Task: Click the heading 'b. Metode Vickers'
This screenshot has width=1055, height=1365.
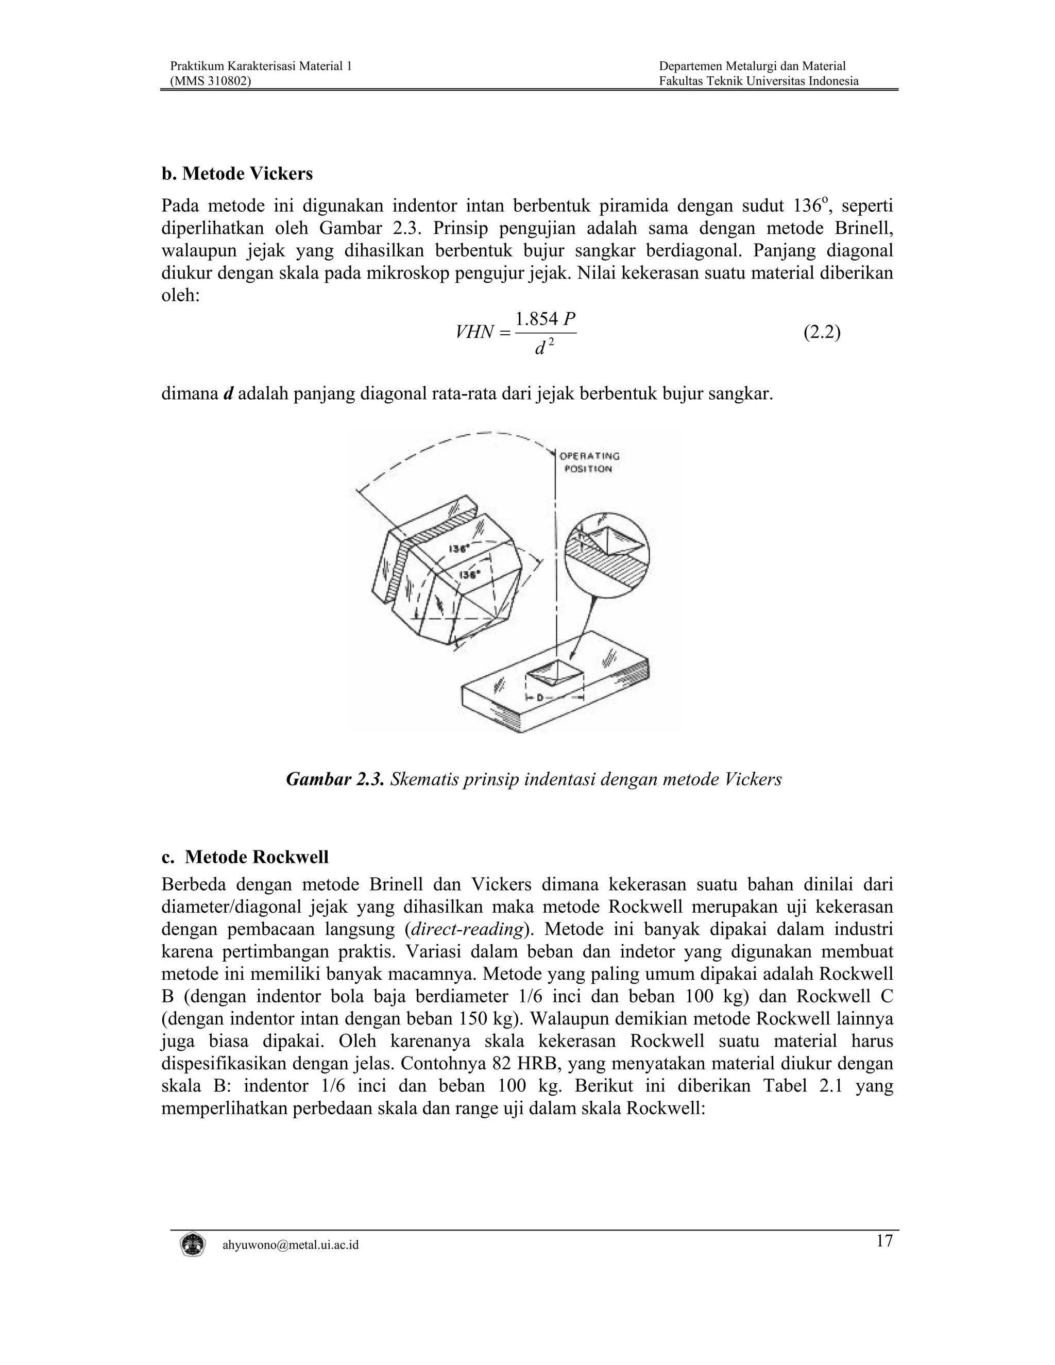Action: point(237,174)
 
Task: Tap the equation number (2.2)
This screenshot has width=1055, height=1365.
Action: point(821,333)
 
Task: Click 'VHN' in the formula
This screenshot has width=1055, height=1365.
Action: point(474,333)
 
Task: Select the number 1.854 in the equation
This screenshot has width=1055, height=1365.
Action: point(537,319)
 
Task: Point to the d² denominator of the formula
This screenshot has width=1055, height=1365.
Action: point(542,348)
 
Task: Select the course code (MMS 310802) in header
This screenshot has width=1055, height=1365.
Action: point(211,81)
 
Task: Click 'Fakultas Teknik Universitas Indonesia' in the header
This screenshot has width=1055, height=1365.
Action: point(758,81)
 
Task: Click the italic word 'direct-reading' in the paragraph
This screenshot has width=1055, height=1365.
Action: point(464,929)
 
